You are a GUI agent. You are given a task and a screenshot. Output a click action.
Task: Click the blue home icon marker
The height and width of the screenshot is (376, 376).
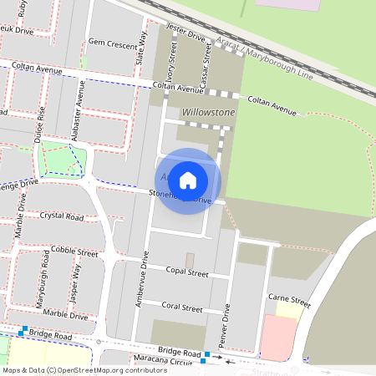188,179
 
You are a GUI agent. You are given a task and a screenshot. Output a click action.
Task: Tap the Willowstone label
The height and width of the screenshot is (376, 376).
209,112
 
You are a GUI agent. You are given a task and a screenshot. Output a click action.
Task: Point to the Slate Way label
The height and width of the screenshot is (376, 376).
142,49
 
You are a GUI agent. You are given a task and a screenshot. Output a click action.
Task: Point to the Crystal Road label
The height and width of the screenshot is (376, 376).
62,216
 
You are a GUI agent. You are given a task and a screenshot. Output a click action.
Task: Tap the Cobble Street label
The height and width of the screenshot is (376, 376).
74,251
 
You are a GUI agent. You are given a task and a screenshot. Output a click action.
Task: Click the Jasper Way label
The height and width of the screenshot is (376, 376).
77,283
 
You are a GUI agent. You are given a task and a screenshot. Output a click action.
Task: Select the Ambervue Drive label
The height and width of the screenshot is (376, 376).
144,281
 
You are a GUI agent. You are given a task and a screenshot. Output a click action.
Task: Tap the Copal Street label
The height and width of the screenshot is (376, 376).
186,272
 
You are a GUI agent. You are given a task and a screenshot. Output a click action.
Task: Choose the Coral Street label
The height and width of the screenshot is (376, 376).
182,307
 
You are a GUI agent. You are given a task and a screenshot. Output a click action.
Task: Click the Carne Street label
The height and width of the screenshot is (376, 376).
289,300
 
